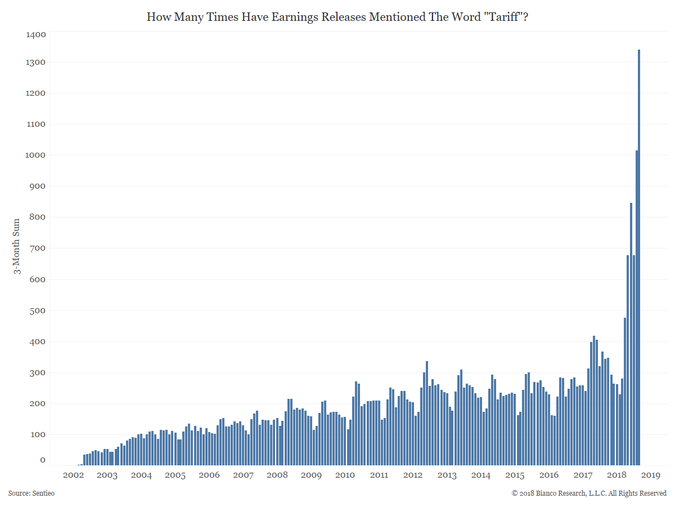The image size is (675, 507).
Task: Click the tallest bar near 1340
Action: [x=639, y=257]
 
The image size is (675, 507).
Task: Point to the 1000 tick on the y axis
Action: [x=35, y=155]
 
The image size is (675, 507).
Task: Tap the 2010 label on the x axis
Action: [x=345, y=475]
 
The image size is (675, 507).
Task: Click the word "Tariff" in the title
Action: [x=503, y=17]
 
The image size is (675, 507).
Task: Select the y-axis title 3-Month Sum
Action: [x=17, y=246]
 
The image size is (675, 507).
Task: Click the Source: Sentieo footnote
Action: [x=31, y=493]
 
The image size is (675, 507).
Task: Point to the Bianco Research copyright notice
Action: [x=589, y=493]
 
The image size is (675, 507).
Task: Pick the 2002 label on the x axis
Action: [x=73, y=475]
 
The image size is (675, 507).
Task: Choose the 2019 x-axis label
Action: [x=651, y=475]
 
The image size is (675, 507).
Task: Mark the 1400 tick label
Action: [x=35, y=34]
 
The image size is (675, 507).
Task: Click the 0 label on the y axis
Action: [x=43, y=460]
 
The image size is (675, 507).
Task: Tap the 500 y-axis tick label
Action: [x=38, y=310]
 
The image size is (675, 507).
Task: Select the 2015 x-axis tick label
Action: [x=515, y=475]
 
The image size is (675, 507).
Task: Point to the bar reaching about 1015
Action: [x=637, y=308]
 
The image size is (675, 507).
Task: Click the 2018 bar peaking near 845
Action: [x=631, y=334]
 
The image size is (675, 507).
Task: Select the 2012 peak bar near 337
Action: [x=427, y=413]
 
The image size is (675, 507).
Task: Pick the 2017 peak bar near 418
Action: [x=594, y=401]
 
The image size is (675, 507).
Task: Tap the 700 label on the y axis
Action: [x=38, y=248]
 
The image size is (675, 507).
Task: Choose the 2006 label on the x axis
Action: [x=209, y=475]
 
